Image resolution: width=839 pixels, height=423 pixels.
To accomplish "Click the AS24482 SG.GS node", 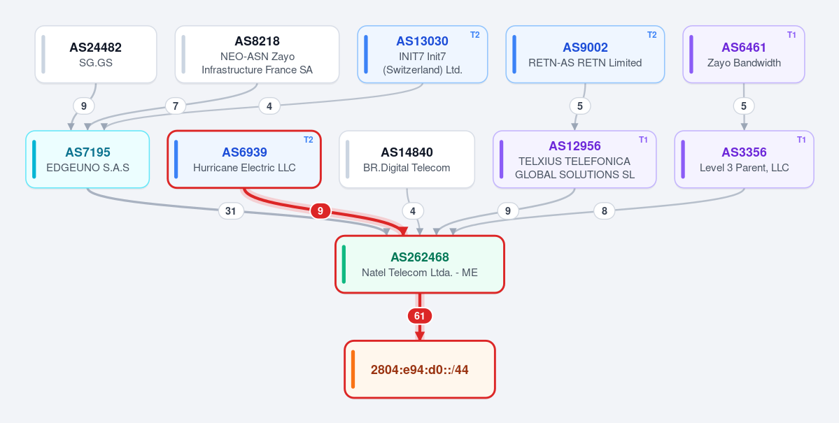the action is click(96, 55).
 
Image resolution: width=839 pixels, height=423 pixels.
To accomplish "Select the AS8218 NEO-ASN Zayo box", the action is click(257, 55).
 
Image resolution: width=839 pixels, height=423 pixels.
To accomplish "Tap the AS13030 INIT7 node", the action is click(422, 55).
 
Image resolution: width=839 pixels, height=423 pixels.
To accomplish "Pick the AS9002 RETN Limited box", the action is click(585, 55).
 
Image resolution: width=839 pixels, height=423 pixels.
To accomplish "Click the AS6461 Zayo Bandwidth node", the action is click(744, 55).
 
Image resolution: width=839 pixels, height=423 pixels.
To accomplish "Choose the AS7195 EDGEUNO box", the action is click(87, 159).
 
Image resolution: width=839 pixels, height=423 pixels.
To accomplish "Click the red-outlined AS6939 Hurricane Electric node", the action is click(244, 159).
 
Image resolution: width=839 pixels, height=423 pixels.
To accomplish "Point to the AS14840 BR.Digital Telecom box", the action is click(407, 159).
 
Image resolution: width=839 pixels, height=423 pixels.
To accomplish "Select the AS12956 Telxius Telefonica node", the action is click(574, 159).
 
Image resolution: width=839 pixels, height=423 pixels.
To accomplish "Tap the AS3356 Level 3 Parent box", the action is click(744, 159).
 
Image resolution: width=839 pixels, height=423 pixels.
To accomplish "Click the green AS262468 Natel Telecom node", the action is click(420, 264).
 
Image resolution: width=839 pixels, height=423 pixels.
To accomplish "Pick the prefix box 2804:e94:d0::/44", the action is click(420, 369).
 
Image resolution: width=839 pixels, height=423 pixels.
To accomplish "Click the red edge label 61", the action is click(420, 316).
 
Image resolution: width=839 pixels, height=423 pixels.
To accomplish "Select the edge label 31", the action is click(231, 211).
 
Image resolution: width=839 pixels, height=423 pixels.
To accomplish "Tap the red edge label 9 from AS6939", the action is click(320, 211).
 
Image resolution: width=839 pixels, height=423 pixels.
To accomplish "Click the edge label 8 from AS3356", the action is click(604, 211).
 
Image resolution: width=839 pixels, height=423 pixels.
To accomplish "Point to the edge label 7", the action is click(176, 106).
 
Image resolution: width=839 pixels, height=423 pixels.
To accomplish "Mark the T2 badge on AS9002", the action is click(651, 35).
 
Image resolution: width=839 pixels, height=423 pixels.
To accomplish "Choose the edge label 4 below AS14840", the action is click(413, 211).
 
